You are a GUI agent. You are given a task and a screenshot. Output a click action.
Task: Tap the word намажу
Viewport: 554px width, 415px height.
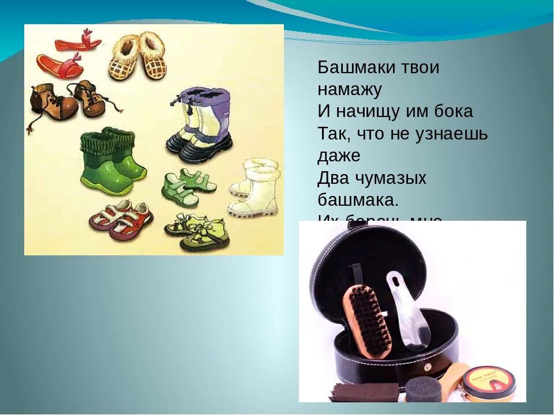350,89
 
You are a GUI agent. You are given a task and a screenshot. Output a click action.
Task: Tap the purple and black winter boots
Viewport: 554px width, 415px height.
200,124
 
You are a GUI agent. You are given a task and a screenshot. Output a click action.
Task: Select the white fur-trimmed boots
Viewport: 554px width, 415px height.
255,187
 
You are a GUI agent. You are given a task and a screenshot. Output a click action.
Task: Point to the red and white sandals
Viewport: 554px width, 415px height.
121,219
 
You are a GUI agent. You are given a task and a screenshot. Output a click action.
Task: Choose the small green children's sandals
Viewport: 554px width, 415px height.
188,187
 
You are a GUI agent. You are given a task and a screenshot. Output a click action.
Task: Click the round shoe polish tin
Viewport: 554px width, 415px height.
488,380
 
